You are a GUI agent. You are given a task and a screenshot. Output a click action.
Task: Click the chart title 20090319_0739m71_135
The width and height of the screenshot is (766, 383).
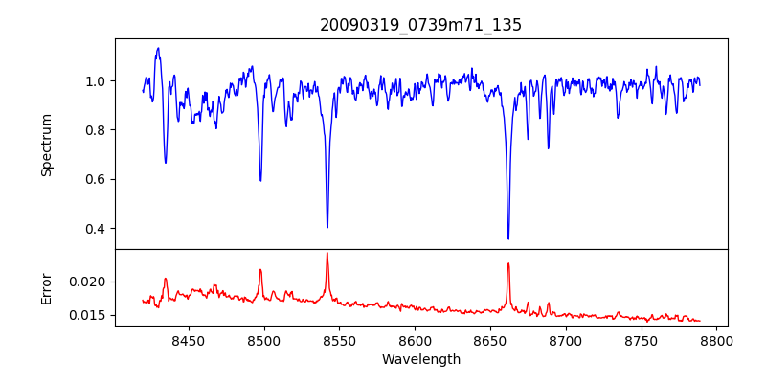tap(420, 25)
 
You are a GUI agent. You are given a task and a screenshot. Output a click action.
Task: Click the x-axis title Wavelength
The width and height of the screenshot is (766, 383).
tap(420, 359)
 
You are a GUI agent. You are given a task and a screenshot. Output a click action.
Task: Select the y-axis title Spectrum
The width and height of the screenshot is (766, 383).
tap(46, 145)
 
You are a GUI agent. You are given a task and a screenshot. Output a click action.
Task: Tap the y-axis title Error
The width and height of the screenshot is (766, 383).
tap(46, 287)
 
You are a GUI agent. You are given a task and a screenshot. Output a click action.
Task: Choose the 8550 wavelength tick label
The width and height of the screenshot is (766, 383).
tap(339, 340)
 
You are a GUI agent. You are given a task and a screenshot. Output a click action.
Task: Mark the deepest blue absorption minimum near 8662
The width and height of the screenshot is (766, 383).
tap(508, 238)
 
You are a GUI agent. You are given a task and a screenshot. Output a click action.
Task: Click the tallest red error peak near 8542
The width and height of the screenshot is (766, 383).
tap(327, 253)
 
